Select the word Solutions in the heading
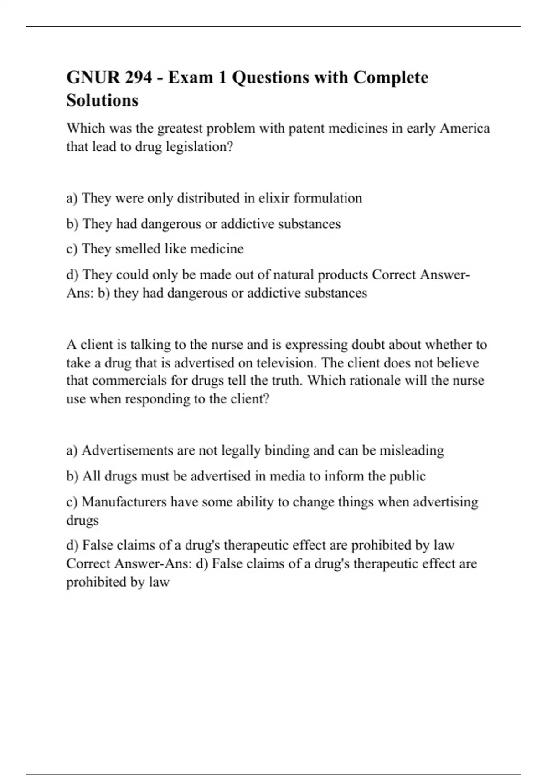point(102,100)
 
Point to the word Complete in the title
point(391,77)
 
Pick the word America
point(464,129)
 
